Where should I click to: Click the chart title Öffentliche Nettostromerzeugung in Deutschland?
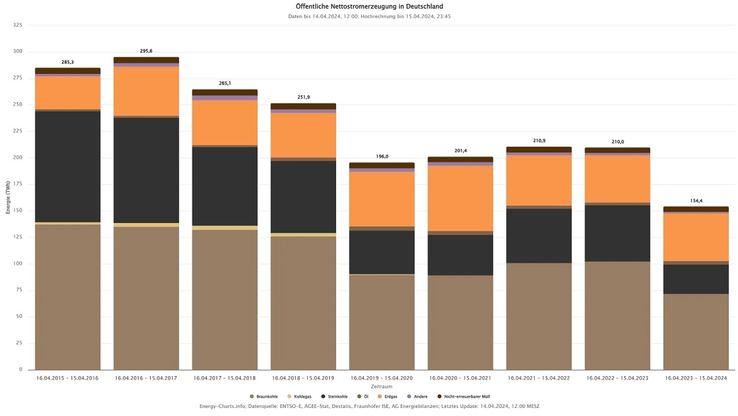click(369, 6)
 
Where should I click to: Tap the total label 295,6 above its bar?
click(146, 51)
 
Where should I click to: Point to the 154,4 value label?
click(696, 201)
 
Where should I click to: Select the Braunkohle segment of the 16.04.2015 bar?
click(68, 297)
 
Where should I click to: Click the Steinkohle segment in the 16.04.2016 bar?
click(146, 170)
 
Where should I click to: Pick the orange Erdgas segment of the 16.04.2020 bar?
click(460, 198)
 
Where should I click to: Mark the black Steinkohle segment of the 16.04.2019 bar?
click(382, 252)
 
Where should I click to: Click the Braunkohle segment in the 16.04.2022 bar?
click(617, 315)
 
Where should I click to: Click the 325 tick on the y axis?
click(17, 25)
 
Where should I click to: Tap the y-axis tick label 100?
click(17, 264)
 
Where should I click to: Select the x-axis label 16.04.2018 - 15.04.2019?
click(303, 378)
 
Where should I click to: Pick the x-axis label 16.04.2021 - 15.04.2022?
click(539, 378)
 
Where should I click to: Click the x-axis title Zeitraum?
click(382, 387)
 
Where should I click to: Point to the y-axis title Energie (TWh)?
click(9, 197)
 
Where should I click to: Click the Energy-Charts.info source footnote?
click(369, 406)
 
